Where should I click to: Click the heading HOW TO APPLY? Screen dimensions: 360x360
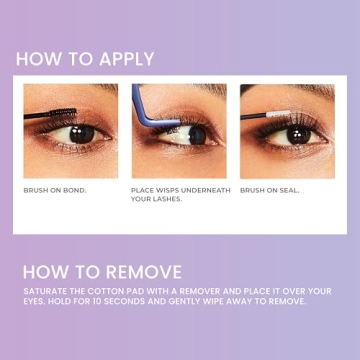pyautogui.click(x=85, y=57)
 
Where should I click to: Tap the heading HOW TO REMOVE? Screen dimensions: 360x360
pyautogui.click(x=101, y=272)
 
